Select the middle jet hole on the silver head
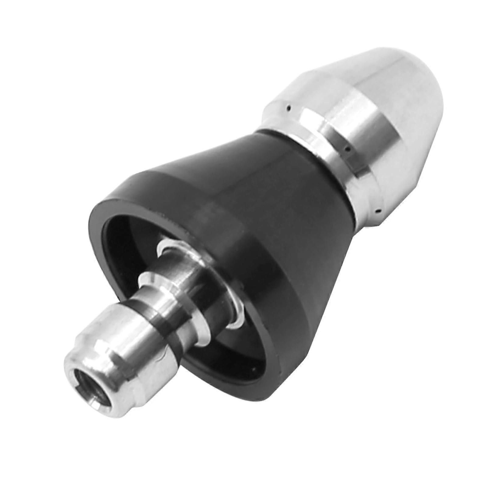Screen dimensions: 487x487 [x=347, y=149]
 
